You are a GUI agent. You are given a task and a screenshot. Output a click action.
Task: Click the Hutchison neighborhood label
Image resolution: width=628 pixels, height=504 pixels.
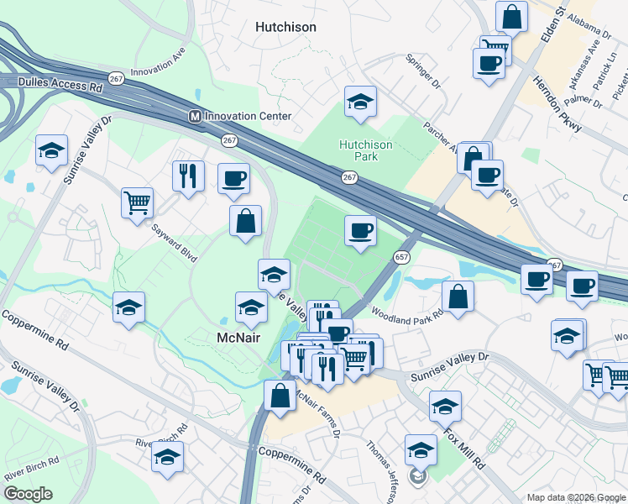pos(285,27)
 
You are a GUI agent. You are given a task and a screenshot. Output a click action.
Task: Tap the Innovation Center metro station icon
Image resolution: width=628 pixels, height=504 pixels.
pos(195,116)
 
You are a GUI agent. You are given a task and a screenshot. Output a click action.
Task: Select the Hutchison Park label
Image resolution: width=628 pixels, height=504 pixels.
pos(365,150)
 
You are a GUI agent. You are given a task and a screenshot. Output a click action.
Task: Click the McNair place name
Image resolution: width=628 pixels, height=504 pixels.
pos(238,338)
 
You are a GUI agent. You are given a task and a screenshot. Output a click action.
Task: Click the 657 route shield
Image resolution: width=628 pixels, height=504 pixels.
pos(402,257)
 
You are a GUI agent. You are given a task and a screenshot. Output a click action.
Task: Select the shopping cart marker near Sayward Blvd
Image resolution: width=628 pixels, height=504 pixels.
pos(137,202)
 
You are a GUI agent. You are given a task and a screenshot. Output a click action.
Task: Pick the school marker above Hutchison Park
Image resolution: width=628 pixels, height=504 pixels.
pos(361,102)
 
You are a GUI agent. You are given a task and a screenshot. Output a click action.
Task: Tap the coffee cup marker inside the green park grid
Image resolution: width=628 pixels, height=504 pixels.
pos(361,230)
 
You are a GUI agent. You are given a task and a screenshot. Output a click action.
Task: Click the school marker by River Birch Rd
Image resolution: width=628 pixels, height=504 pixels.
pos(168,456)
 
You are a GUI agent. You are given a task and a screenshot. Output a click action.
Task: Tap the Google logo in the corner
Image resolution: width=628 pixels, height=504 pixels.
pos(29,494)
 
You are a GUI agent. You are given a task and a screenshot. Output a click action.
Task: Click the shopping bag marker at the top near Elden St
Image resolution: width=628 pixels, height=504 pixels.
pos(511,16)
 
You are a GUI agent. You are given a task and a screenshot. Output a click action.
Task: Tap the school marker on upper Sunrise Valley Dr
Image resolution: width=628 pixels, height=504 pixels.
pos(51,151)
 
